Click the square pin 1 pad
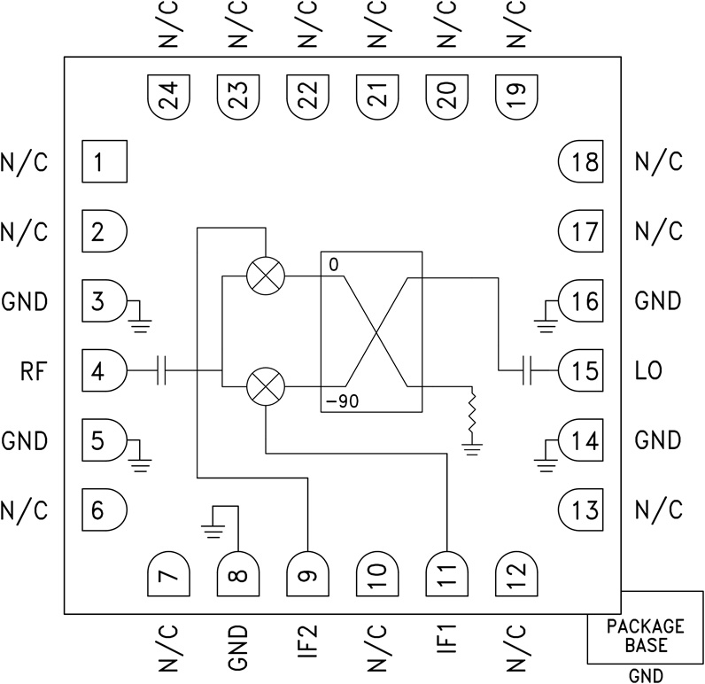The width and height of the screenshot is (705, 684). (x=105, y=162)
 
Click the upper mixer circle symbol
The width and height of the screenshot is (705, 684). (x=265, y=276)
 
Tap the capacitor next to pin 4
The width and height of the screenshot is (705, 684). (x=162, y=370)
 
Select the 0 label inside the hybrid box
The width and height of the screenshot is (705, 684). (x=332, y=265)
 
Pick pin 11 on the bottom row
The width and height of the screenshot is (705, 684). (x=446, y=576)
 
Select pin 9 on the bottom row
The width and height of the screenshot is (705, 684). (x=307, y=576)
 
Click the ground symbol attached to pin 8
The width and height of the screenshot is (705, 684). (x=212, y=530)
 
